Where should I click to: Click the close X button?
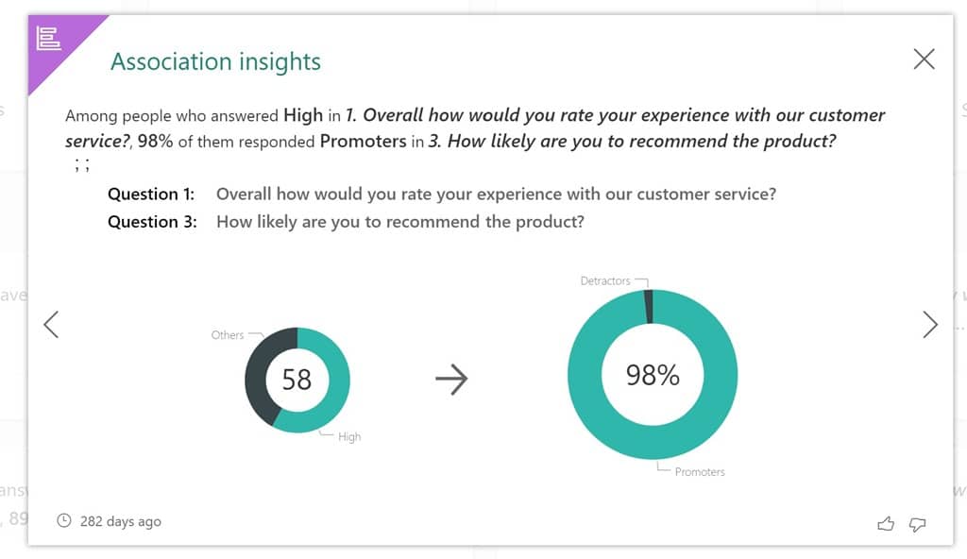(924, 59)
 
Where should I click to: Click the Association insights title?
(215, 62)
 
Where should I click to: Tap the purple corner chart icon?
(48, 39)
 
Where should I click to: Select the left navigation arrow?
(51, 325)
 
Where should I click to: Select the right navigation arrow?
(930, 325)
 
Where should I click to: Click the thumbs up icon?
(885, 524)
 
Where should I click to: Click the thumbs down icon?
(916, 524)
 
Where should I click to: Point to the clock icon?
(64, 520)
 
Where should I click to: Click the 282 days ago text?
(120, 521)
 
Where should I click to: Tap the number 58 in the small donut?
(297, 380)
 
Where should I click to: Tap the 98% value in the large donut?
(653, 375)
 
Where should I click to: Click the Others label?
(228, 335)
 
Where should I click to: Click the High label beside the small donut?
(349, 437)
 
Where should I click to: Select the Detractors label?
(605, 281)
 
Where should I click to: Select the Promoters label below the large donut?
(700, 472)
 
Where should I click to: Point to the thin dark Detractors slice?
(648, 306)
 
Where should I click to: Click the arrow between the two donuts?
(451, 380)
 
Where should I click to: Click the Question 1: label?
(151, 195)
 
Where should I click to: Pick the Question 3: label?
(151, 223)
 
